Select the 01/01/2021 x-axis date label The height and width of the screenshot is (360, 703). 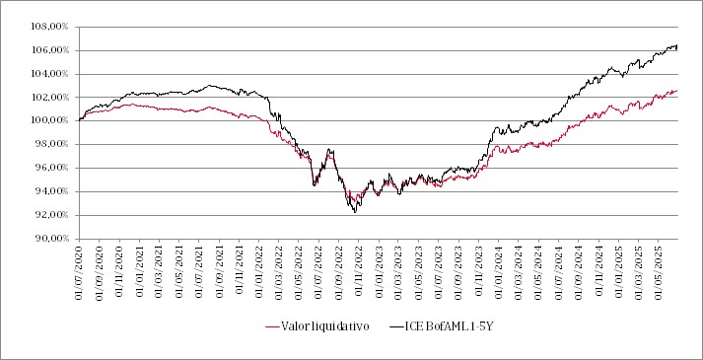pos(139,269)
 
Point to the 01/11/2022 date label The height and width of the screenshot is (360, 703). pos(358,269)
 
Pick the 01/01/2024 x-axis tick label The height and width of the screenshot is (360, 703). pos(498,269)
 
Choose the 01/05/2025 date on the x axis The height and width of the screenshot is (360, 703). pos(657,269)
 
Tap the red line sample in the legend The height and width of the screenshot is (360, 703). pos(275,324)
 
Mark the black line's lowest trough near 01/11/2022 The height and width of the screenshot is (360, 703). pos(355,212)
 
